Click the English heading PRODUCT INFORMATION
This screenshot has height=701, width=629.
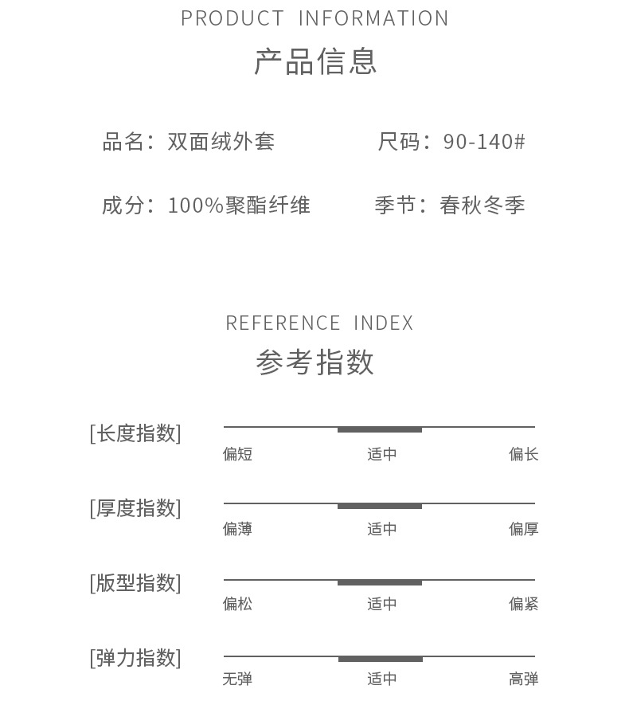coord(314,18)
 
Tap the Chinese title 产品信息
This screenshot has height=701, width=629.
coord(315,61)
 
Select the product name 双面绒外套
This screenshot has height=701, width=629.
coord(221,142)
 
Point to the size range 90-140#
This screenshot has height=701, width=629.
coord(484,142)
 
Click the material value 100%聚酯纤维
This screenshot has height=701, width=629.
coord(239,206)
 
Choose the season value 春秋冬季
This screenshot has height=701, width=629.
coord(482,206)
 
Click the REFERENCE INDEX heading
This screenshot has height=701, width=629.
coord(319,323)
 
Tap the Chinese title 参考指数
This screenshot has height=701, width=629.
coord(315,362)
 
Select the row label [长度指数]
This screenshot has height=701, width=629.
coord(135,433)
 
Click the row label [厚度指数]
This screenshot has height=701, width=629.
coord(135,508)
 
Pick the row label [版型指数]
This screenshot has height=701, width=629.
coord(135,583)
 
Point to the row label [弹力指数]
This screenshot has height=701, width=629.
coord(135,658)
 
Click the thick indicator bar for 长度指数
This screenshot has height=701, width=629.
coord(380,430)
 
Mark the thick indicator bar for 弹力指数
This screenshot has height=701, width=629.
coord(381,660)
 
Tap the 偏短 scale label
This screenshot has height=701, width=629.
coord(237,454)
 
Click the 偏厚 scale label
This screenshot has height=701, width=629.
coord(524,529)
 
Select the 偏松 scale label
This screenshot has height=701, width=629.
coord(237,604)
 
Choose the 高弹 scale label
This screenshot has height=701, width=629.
coord(524,679)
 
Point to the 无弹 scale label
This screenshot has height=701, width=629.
coord(237,679)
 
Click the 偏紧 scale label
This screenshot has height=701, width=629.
coord(524,604)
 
